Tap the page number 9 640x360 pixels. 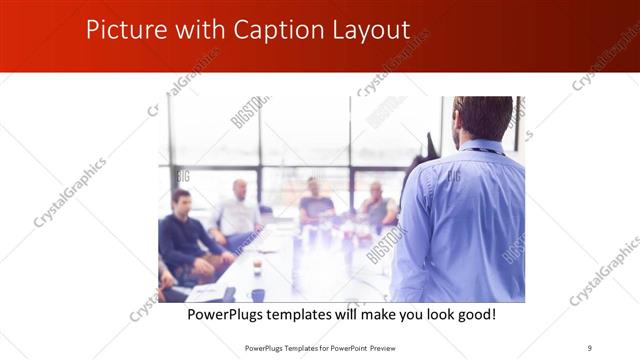point(590,348)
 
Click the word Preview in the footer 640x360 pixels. point(391,348)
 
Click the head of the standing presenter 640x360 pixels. point(482,118)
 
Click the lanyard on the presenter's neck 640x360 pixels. point(488,150)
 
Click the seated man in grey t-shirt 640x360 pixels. point(315,203)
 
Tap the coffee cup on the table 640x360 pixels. point(257,266)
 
